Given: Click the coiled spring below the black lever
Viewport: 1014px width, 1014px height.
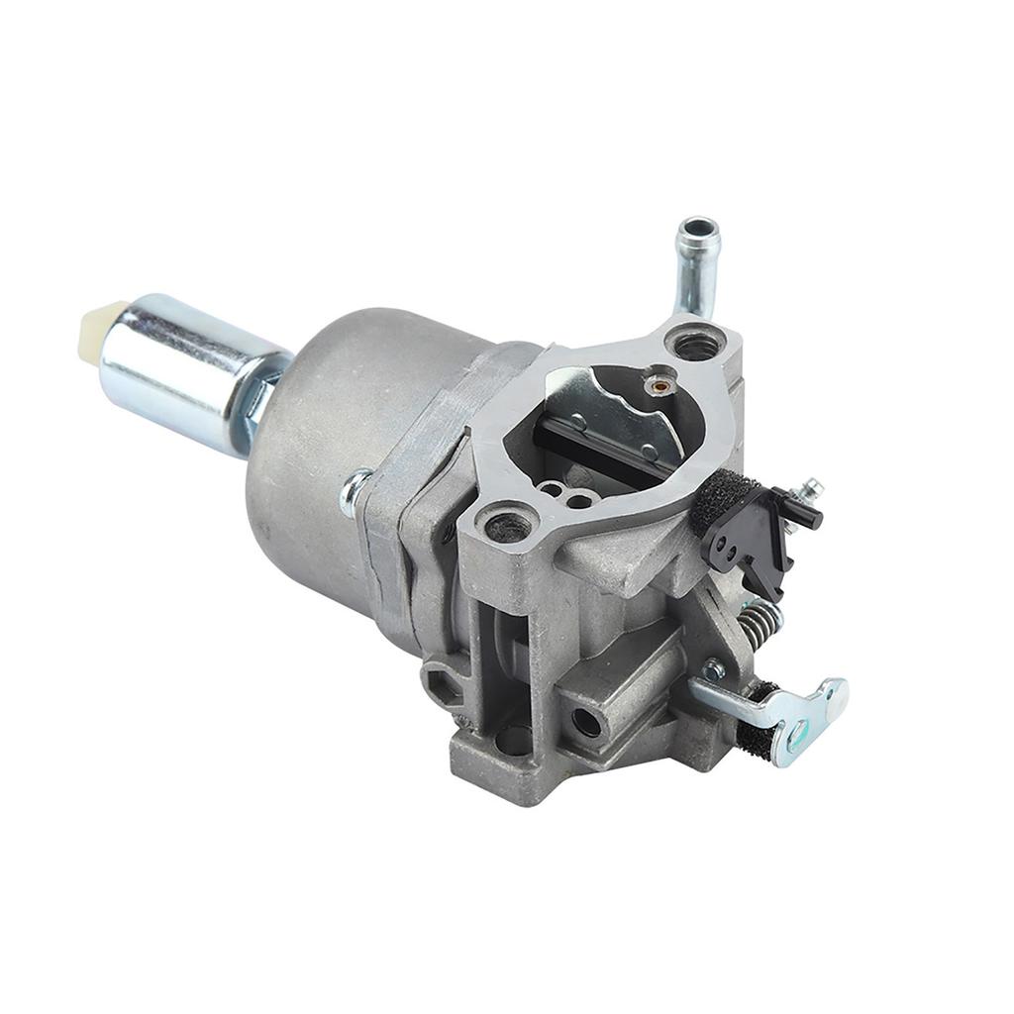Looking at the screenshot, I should click(x=759, y=621).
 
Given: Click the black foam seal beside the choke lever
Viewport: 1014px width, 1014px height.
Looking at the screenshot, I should click(x=715, y=502).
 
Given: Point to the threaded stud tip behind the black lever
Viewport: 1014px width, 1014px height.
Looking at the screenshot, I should click(x=812, y=487).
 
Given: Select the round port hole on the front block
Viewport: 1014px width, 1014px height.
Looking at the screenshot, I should click(x=585, y=722).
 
